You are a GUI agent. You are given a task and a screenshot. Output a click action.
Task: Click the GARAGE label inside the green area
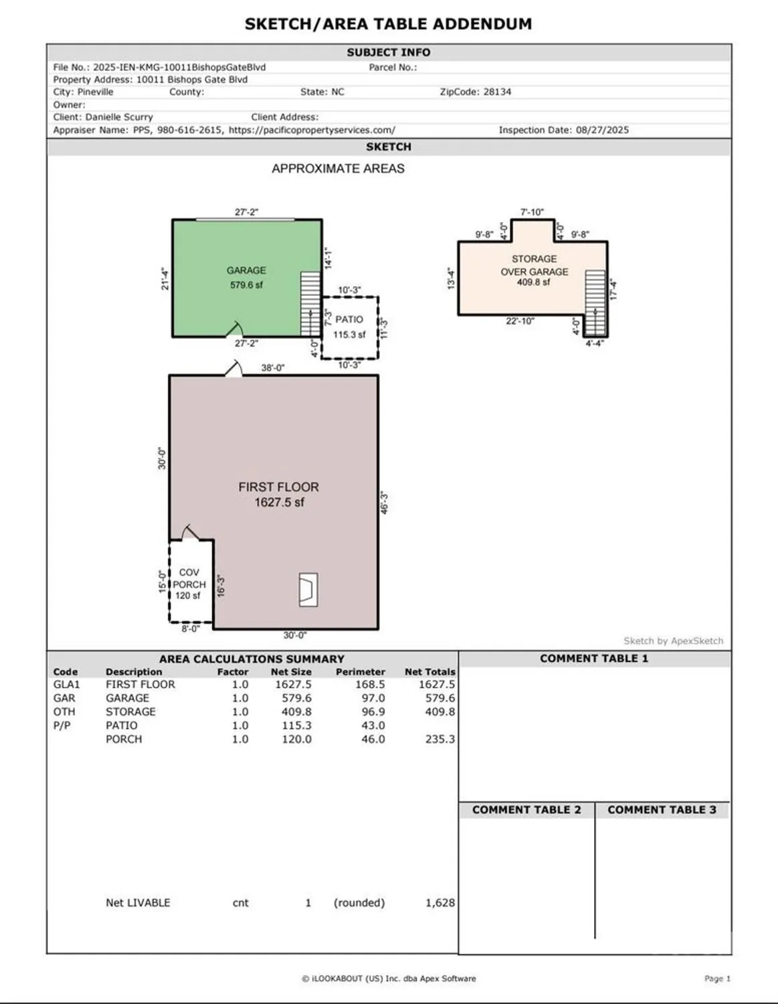246,270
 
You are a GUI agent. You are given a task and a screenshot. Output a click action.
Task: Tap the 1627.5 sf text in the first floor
279,503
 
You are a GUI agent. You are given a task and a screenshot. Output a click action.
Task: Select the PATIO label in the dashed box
349,320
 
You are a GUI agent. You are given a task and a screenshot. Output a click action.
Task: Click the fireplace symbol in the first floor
308,590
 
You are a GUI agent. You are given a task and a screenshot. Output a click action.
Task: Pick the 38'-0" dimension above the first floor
272,367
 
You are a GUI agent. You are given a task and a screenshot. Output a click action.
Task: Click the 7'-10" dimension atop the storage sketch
532,212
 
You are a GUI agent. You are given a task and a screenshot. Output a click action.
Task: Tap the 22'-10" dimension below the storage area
520,321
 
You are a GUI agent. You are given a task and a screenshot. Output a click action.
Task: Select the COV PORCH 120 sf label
189,584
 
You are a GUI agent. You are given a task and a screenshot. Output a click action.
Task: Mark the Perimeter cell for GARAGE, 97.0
373,698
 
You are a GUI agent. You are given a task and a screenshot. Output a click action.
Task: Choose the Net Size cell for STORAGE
296,712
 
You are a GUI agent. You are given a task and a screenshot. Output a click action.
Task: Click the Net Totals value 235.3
440,740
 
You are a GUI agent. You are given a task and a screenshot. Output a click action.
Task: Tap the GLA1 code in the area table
66,685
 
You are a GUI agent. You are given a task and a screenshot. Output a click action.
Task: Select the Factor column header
232,672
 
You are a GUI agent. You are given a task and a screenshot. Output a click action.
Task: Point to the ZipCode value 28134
497,92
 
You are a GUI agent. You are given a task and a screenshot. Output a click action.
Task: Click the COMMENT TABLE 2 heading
526,810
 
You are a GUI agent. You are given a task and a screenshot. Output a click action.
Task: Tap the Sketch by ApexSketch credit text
673,641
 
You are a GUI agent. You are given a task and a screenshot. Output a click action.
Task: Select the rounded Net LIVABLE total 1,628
440,903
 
